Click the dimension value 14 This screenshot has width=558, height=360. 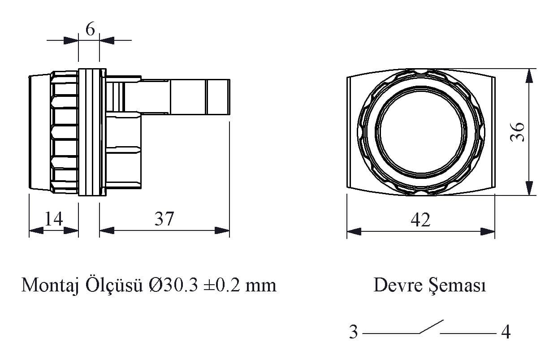[53, 219]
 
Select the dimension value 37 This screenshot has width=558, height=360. [164, 219]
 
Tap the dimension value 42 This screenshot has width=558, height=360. [420, 220]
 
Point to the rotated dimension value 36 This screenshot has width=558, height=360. [517, 132]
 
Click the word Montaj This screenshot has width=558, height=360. [50, 286]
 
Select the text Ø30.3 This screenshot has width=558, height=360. [173, 285]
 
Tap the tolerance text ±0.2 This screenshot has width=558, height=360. [222, 285]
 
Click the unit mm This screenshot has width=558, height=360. [261, 287]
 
